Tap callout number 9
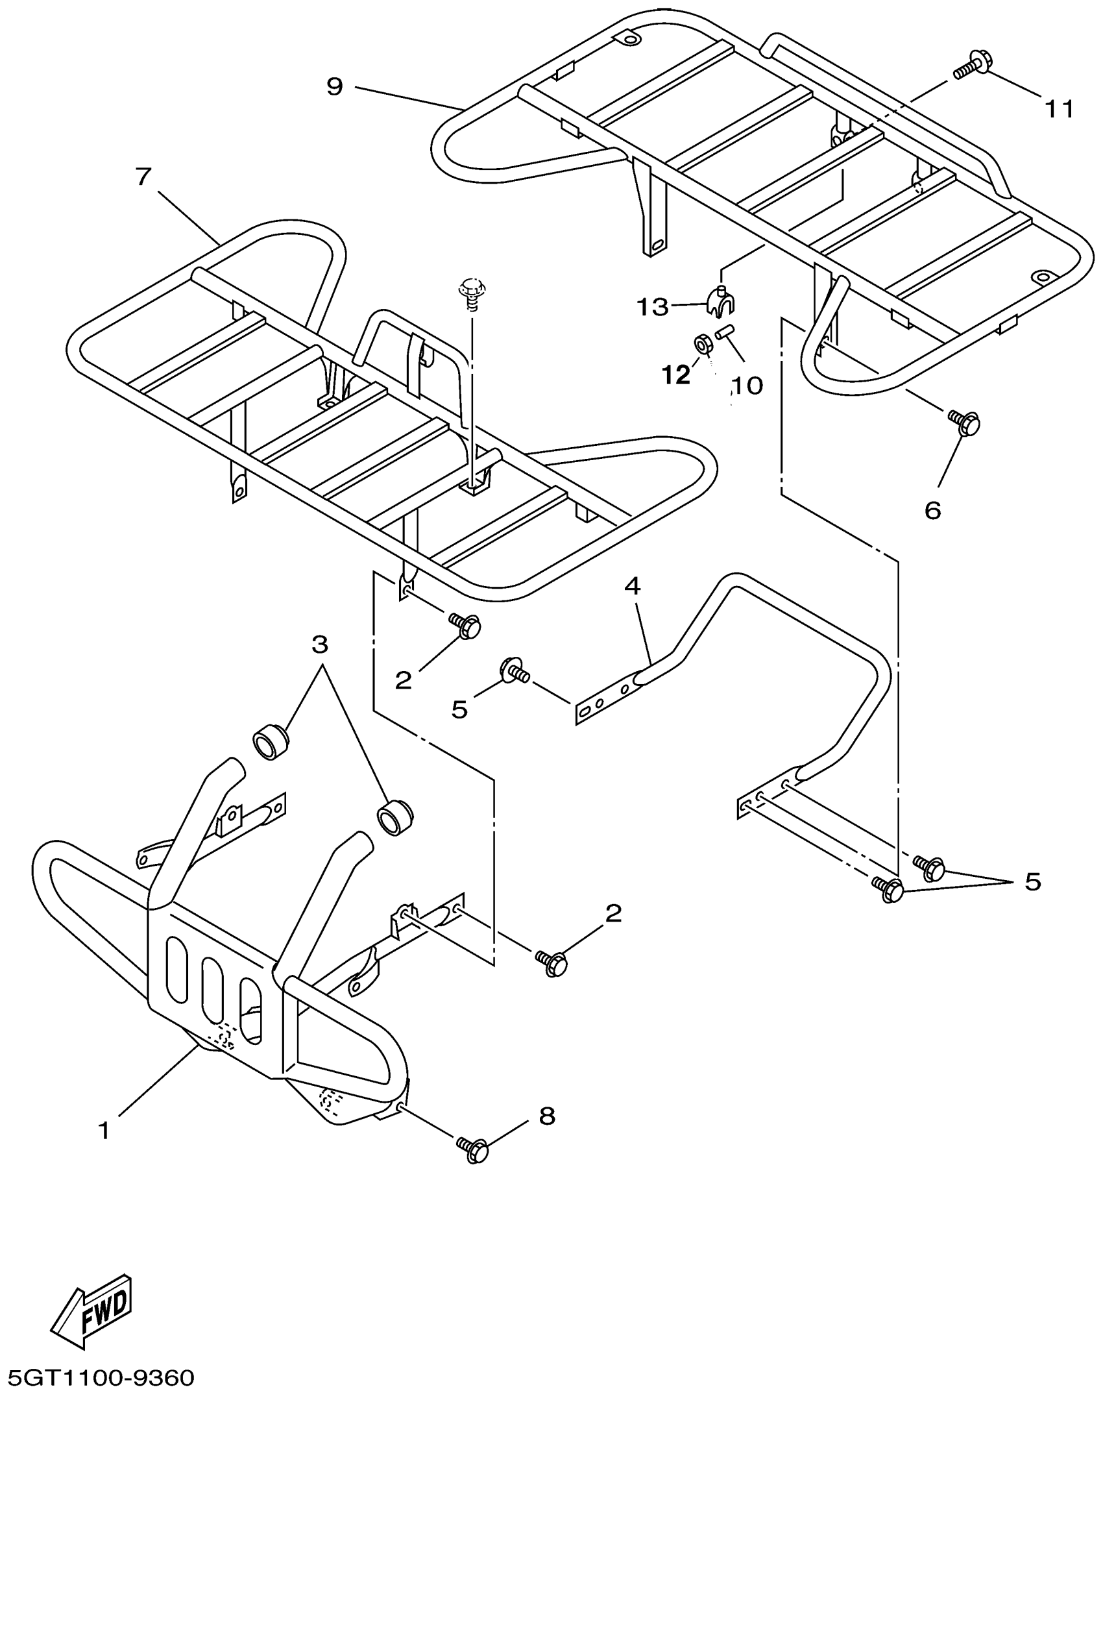click(x=335, y=86)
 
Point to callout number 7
click(x=143, y=177)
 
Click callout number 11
click(x=1059, y=109)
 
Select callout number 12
click(x=676, y=375)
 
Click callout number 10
click(x=747, y=385)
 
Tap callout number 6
click(x=932, y=510)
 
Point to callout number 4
click(x=633, y=585)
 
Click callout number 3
click(x=320, y=644)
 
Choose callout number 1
click(x=104, y=1131)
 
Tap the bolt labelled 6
click(x=965, y=423)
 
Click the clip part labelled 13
click(x=720, y=300)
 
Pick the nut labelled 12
click(x=701, y=343)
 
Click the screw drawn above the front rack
click(x=472, y=291)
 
